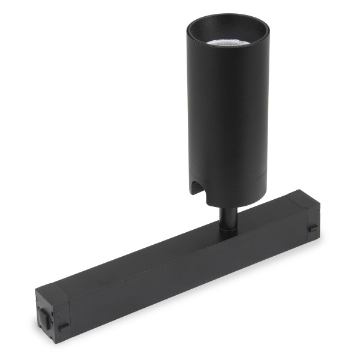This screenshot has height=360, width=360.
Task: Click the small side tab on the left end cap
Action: (x=63, y=327)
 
